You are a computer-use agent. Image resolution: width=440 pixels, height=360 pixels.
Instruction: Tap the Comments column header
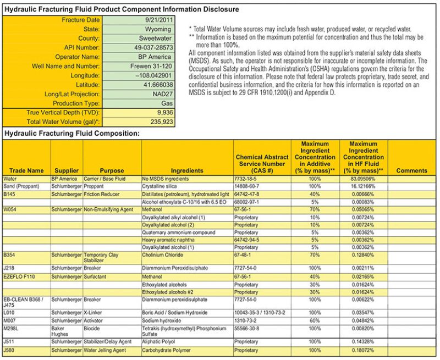click(411, 170)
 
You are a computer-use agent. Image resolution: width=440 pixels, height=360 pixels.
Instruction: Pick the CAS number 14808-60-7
click(250, 187)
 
